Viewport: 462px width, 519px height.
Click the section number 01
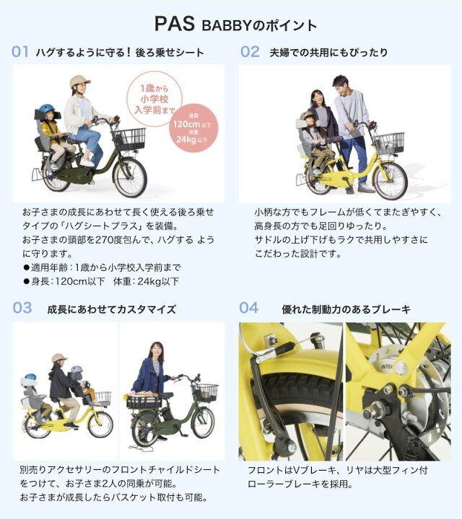click(x=20, y=52)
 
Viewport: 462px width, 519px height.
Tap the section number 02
click(x=250, y=52)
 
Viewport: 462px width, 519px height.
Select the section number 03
click(x=22, y=309)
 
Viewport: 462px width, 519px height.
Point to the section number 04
click(x=248, y=309)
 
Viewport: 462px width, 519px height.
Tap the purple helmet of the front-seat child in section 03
click(x=75, y=371)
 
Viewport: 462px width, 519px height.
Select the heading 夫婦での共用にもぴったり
click(x=328, y=52)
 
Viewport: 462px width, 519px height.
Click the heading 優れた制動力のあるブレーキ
click(x=346, y=309)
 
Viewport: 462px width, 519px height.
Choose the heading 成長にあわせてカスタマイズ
click(x=111, y=309)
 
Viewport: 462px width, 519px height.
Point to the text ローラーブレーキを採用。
click(x=300, y=484)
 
